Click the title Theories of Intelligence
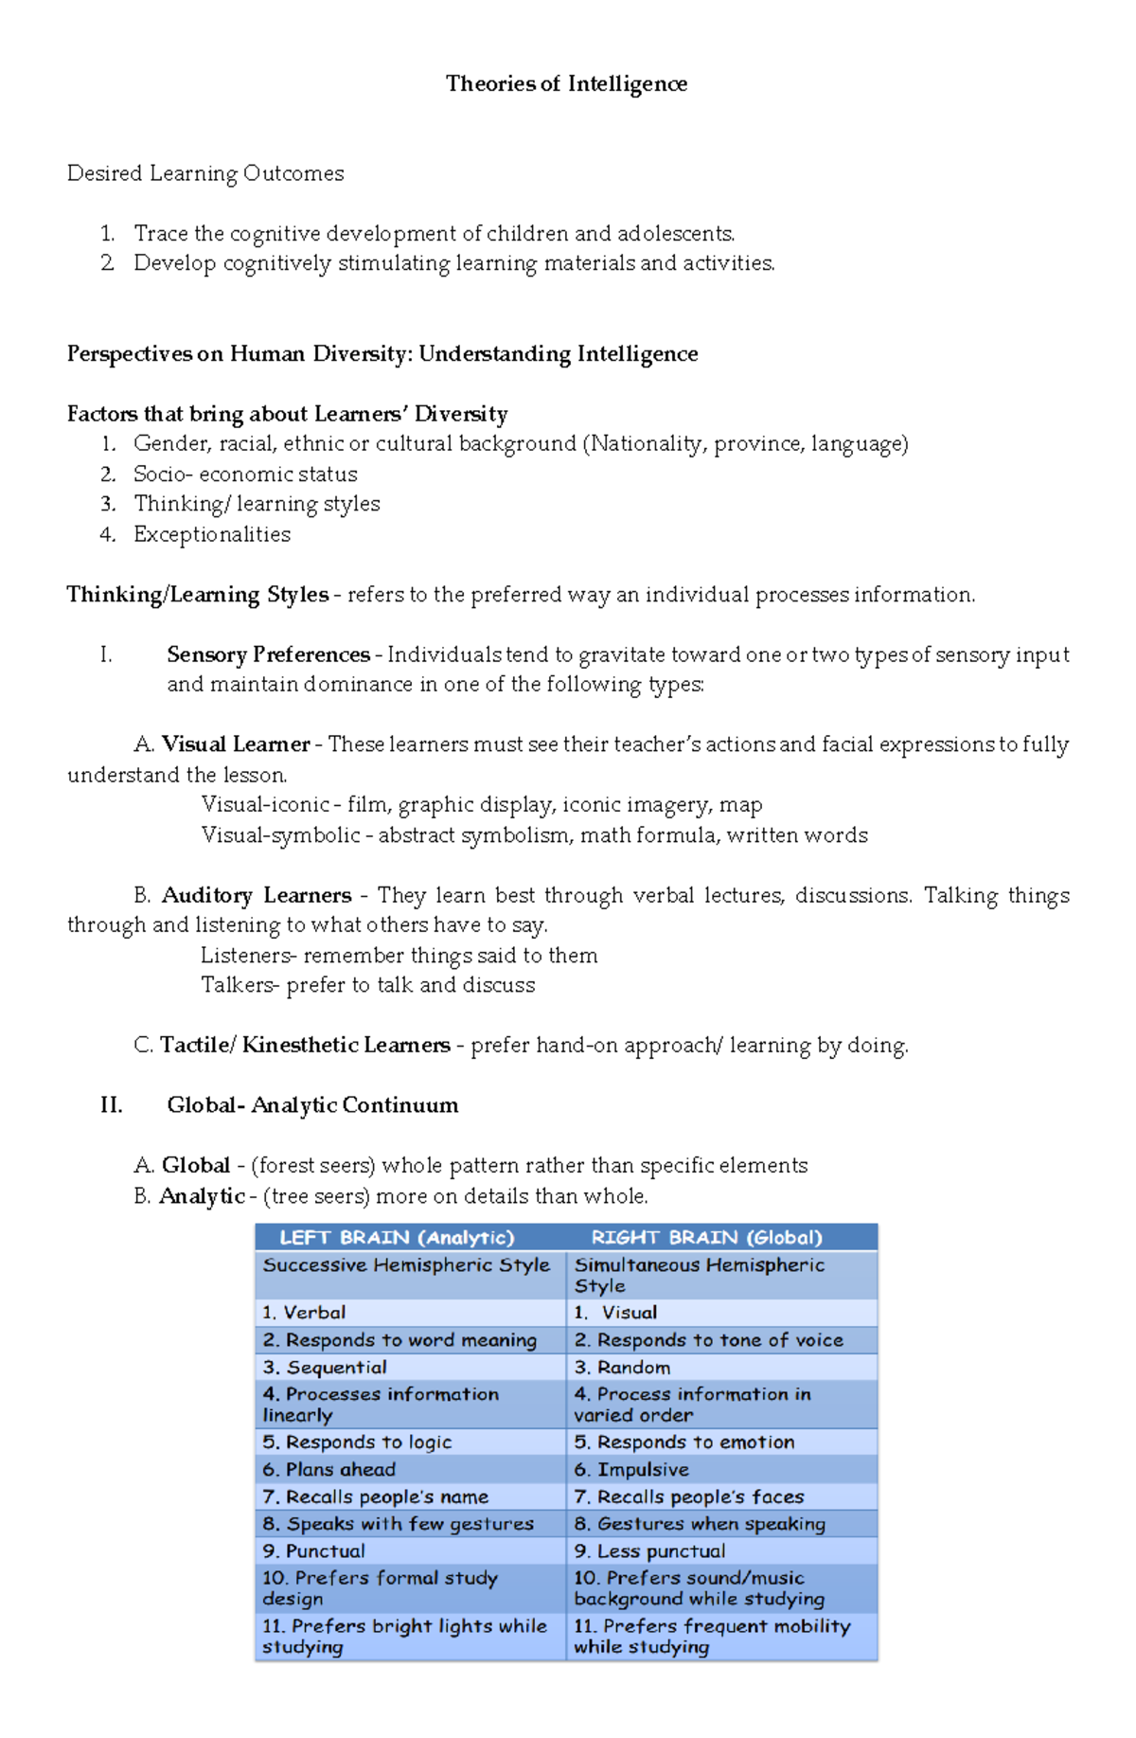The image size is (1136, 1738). click(566, 84)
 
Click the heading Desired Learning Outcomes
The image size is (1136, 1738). click(205, 173)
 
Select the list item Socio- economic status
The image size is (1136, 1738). click(245, 474)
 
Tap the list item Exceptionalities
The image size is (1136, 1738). click(212, 534)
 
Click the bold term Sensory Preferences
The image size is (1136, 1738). click(268, 654)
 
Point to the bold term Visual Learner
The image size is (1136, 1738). click(236, 744)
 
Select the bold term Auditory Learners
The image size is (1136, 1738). click(257, 895)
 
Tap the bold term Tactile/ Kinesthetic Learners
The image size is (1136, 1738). click(305, 1045)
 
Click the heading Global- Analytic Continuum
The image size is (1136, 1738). click(312, 1105)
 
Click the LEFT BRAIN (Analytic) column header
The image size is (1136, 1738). click(397, 1237)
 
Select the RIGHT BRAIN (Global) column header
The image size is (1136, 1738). click(706, 1237)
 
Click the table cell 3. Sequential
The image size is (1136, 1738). click(325, 1368)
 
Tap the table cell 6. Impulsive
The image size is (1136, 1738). click(631, 1470)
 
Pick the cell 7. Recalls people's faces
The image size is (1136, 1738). click(689, 1497)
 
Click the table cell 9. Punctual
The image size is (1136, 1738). click(313, 1551)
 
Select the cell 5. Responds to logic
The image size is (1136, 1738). click(357, 1442)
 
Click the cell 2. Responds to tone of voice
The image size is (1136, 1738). click(708, 1340)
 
